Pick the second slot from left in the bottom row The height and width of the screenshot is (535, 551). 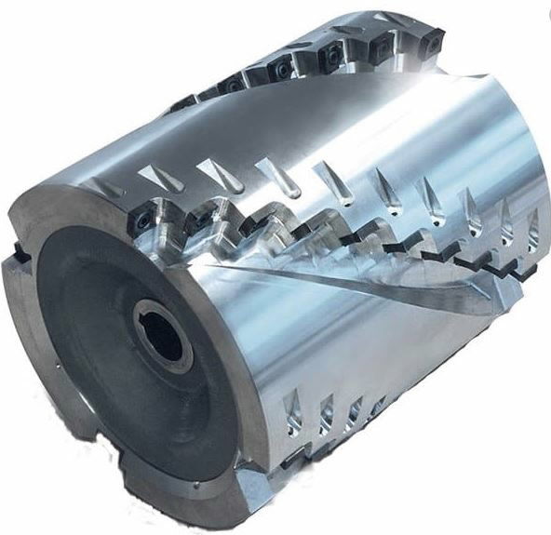click(x=325, y=409)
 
